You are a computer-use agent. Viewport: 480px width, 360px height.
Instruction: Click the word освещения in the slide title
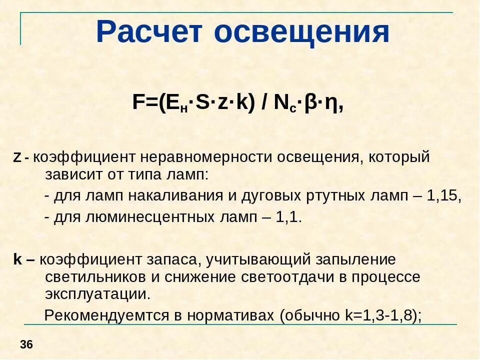pos(302,32)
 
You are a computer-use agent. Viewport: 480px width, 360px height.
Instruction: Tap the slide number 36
pos(26,344)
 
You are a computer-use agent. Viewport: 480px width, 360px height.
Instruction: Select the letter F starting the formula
pos(138,102)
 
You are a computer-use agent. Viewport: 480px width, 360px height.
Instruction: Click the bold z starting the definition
pos(17,158)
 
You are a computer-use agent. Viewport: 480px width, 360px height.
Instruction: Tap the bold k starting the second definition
pos(17,260)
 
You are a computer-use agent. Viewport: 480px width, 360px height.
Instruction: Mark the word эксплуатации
pos(97,293)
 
